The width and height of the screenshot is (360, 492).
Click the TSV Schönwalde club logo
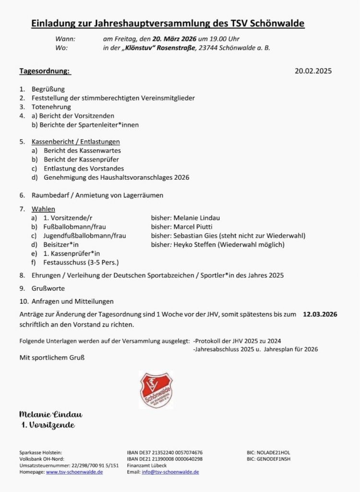click(156, 390)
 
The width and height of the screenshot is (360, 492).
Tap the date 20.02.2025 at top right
click(313, 72)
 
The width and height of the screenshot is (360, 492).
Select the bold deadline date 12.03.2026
click(320, 314)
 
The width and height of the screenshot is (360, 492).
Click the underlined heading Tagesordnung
click(45, 72)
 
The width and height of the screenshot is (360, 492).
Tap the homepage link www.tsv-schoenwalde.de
click(74, 472)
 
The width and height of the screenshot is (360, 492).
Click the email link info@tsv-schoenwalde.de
click(170, 472)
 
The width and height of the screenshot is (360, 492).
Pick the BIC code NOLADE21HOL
click(273, 453)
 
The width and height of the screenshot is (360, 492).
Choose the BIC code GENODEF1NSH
click(273, 459)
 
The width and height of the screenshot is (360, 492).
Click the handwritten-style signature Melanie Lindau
click(51, 414)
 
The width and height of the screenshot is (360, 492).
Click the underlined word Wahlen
click(43, 209)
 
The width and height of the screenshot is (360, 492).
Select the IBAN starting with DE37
click(172, 453)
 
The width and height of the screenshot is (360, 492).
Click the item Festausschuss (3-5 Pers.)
click(81, 262)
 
